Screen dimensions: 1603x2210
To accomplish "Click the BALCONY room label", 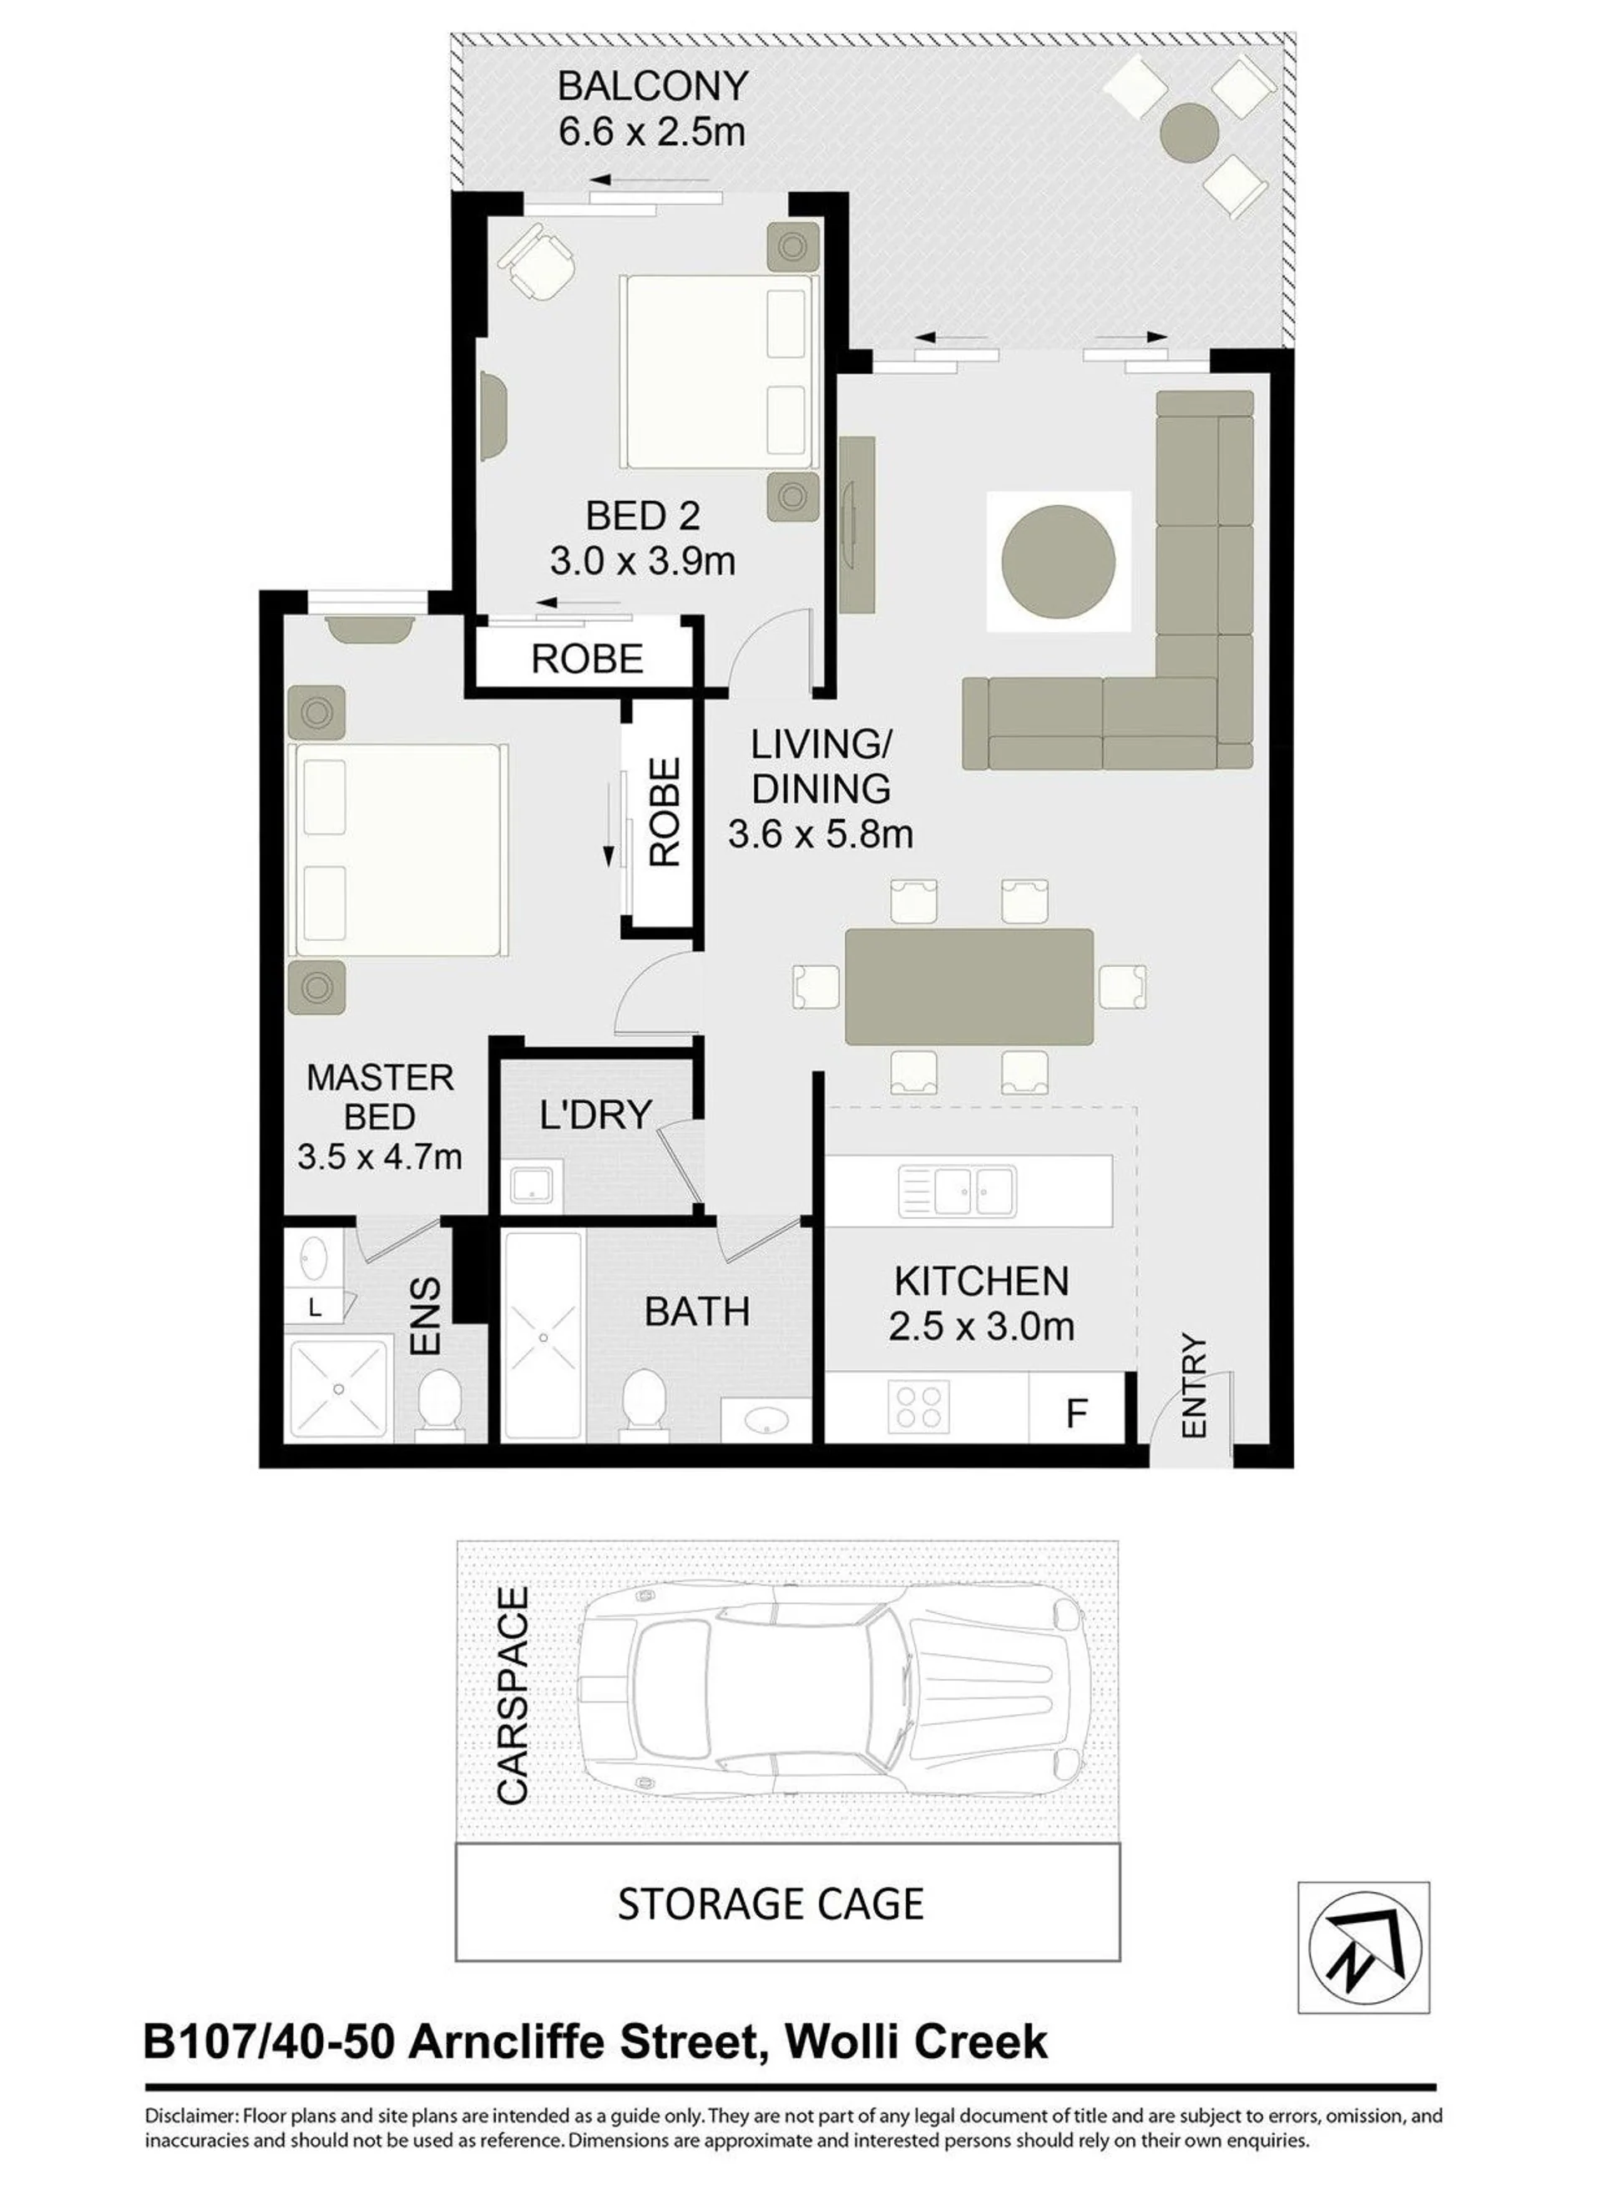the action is click(x=652, y=87).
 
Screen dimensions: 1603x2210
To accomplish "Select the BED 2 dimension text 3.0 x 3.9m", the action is click(x=642, y=561).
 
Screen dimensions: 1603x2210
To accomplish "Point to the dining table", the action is click(x=968, y=987).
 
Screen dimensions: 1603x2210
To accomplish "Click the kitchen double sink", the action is click(x=958, y=1191).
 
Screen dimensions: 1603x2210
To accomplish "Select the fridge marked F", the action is click(x=1077, y=1409).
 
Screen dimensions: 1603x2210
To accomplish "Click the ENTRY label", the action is click(x=1194, y=1387).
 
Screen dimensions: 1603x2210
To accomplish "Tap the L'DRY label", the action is click(x=594, y=1115).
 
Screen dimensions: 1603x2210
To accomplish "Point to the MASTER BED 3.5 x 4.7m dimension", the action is click(x=379, y=1156).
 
